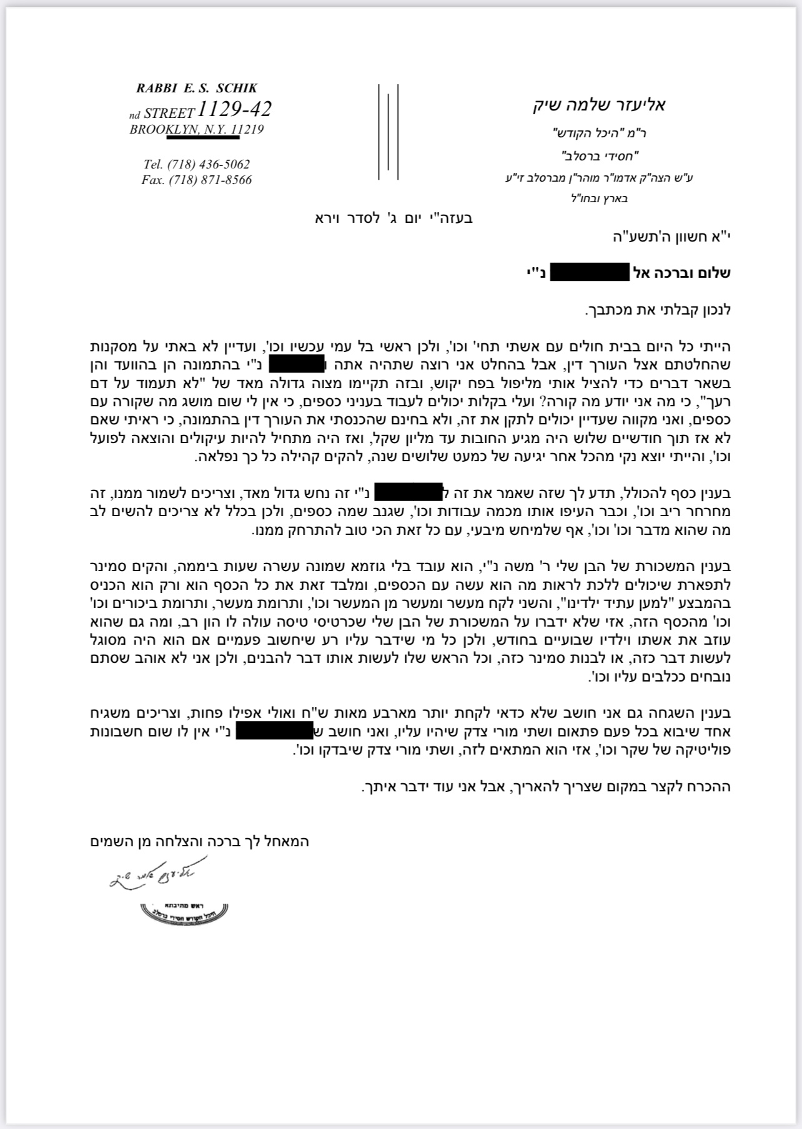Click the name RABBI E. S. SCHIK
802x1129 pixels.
pyautogui.click(x=196, y=89)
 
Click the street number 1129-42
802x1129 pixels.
pyautogui.click(x=234, y=110)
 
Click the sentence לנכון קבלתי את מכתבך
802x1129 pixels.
pyautogui.click(x=658, y=309)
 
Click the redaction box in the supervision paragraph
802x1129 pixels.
pyautogui.click(x=273, y=731)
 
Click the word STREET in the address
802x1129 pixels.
pyautogui.click(x=169, y=114)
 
